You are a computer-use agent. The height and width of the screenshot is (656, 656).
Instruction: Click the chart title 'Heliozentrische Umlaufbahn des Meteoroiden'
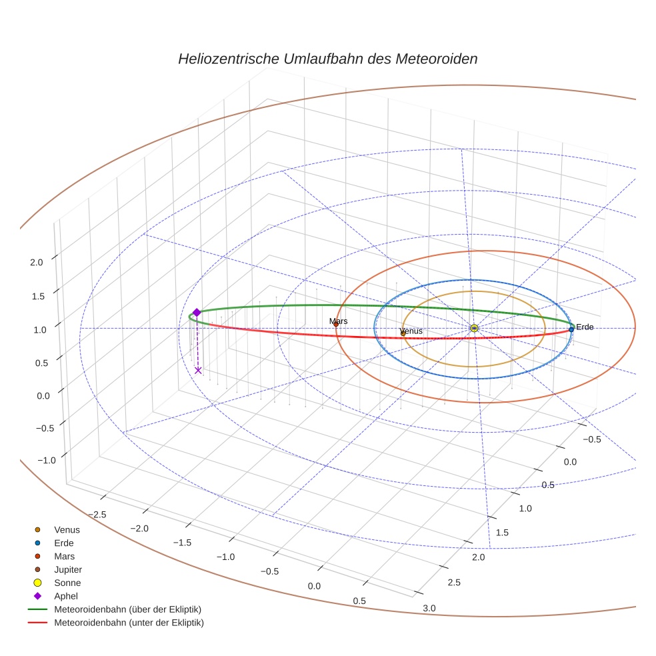tap(327, 59)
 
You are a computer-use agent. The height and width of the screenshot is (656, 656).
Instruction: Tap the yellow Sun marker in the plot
tap(473, 328)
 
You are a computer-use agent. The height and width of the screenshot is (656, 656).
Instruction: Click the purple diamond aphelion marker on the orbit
tap(197, 312)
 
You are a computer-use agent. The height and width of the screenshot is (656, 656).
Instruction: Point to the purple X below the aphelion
tap(198, 371)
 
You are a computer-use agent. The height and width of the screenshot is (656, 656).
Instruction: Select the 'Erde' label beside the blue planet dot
tap(585, 327)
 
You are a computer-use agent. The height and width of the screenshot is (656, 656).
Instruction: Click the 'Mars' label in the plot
tap(339, 321)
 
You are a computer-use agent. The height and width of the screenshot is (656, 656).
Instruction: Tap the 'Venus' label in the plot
tap(411, 331)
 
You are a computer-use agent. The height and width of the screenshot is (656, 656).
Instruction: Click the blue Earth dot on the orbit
tap(571, 329)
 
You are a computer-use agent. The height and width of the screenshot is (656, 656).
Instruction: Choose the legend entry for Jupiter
tap(67, 569)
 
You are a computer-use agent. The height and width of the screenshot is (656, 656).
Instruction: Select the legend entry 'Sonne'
tap(67, 583)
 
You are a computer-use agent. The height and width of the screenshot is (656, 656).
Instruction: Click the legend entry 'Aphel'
tap(66, 596)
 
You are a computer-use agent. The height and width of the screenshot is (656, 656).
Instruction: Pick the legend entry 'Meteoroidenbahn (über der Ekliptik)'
tap(127, 609)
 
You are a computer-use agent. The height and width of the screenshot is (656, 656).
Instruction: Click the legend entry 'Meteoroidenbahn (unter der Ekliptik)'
tap(129, 623)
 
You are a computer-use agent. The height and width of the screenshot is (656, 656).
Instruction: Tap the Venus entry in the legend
tap(67, 529)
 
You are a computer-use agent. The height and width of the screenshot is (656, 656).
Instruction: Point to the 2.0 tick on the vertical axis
tap(36, 262)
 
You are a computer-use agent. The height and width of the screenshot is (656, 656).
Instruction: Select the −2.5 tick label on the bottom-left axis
tap(97, 513)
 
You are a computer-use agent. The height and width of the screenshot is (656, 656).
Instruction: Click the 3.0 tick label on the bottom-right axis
tap(429, 607)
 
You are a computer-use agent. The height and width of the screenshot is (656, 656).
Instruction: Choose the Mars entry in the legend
tap(64, 556)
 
